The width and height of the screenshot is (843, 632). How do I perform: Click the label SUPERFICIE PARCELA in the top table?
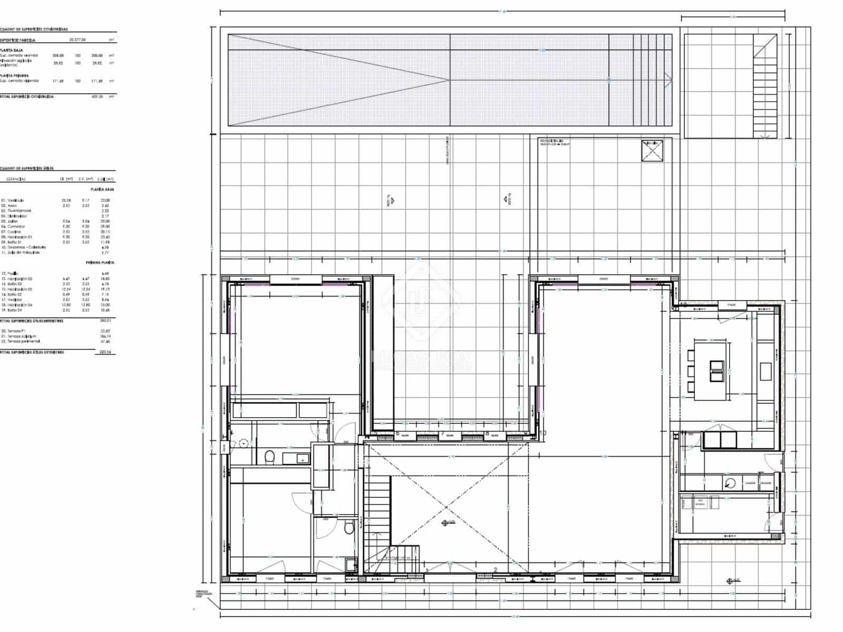pos(18,40)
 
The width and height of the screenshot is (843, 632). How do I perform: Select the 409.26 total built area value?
pos(97,97)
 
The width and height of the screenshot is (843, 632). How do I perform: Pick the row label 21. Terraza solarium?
pos(19,336)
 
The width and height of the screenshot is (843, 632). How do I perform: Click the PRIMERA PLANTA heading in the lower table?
pos(100,262)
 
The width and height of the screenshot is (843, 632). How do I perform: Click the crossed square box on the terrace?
pos(652,151)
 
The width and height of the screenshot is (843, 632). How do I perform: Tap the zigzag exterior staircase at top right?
pos(764,87)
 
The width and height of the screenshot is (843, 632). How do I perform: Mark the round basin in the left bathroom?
pos(243,443)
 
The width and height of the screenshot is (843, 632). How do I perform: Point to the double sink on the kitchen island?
pos(717,371)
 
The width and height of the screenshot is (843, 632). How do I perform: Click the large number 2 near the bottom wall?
pos(495,570)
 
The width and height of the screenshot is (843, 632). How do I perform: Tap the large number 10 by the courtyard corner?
pos(543,433)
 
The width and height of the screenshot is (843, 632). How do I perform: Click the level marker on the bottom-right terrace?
pos(730,581)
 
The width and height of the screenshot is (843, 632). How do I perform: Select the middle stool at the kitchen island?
pos(691,371)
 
